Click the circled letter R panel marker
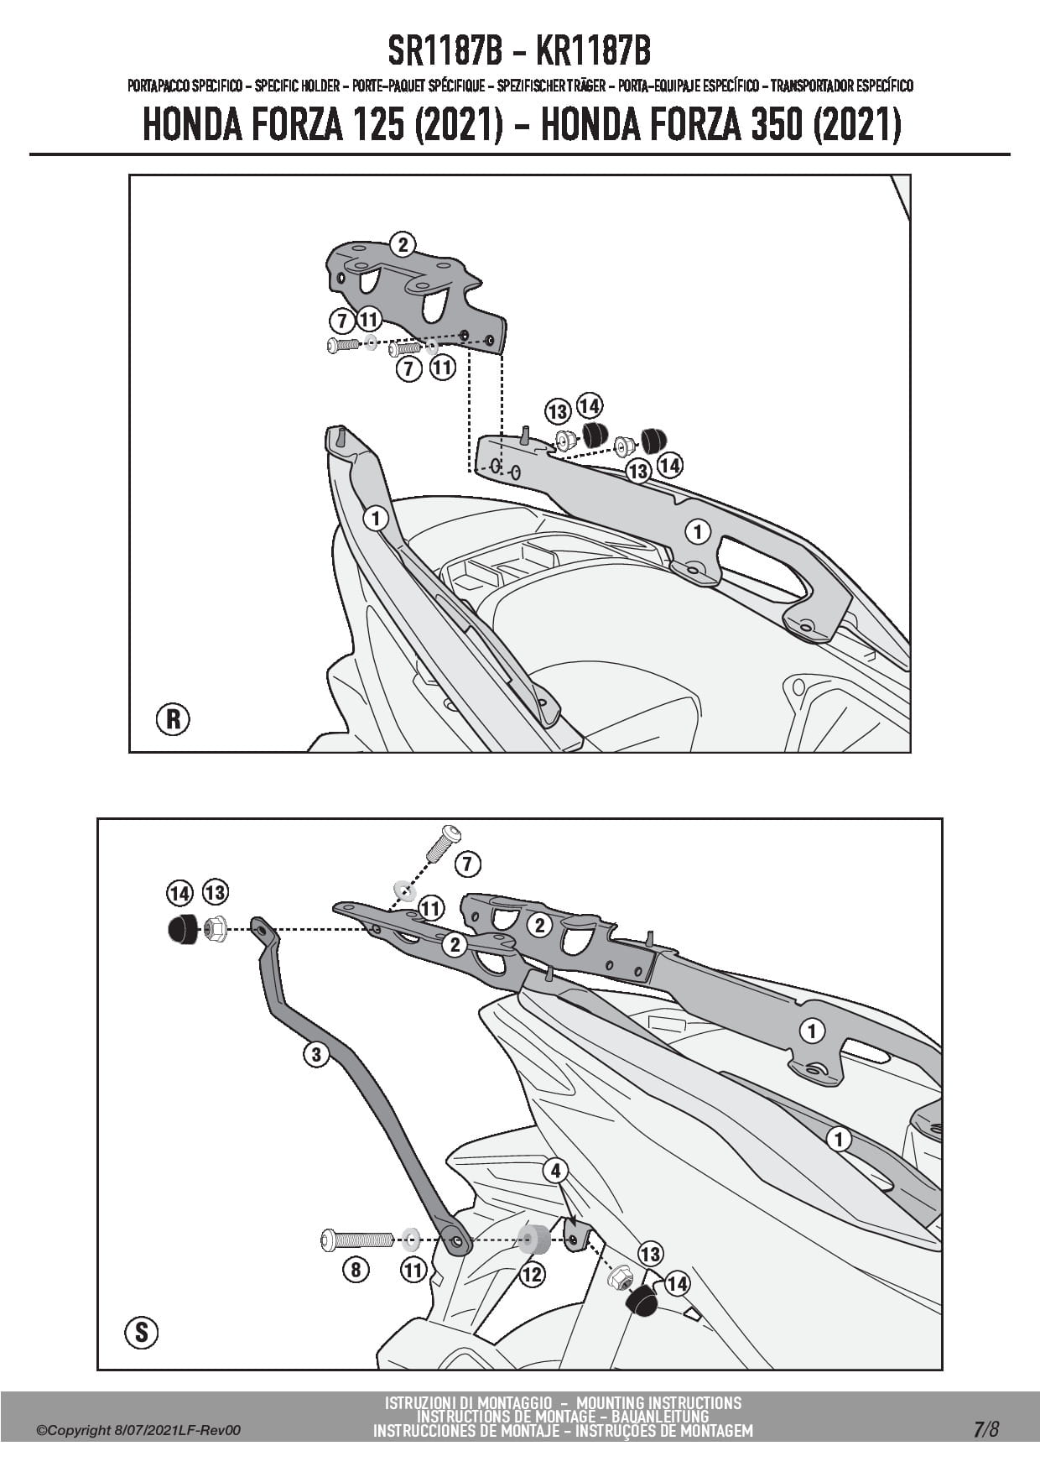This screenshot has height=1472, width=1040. (173, 719)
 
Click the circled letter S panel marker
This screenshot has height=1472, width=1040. (141, 1332)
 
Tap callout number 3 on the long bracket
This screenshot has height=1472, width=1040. (315, 1054)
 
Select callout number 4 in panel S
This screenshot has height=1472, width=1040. (555, 1171)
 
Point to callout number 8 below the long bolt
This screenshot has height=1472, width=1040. (356, 1270)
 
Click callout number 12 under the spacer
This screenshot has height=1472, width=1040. (532, 1275)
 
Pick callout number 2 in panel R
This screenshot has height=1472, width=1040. (403, 245)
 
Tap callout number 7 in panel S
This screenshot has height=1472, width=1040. (467, 864)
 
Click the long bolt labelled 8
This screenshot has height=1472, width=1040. (356, 1238)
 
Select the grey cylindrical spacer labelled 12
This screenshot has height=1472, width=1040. (532, 1238)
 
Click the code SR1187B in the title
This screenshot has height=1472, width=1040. (445, 52)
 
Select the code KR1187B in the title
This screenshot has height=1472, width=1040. (592, 52)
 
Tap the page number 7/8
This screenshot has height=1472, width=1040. (986, 1429)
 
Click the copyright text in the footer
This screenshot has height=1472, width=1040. (138, 1430)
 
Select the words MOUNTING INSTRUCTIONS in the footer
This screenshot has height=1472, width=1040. (659, 1402)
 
